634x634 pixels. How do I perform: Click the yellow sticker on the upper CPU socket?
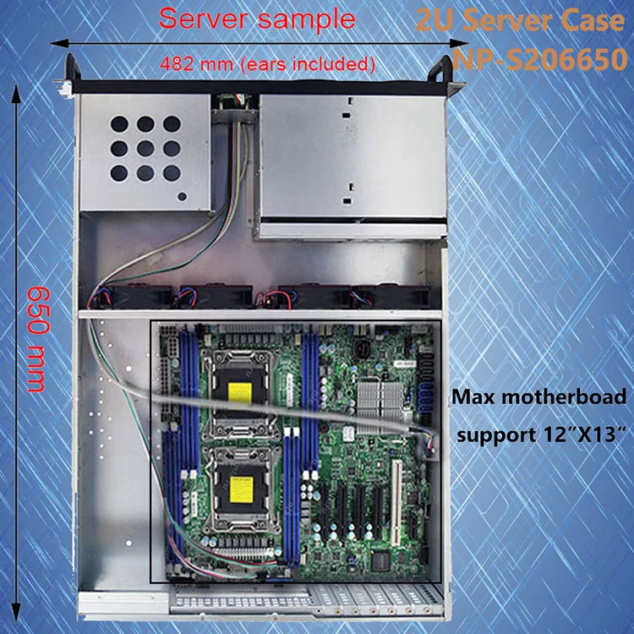(241, 391)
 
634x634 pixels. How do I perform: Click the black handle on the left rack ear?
(68, 67)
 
